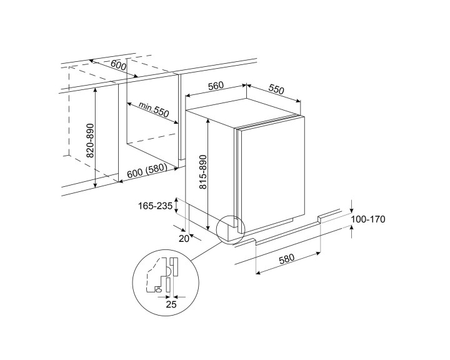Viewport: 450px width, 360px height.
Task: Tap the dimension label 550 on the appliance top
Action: (x=276, y=89)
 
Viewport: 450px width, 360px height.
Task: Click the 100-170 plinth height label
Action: (x=369, y=219)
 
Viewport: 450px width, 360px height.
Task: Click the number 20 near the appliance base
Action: (x=184, y=237)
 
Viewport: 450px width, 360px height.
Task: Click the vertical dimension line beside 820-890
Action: (x=95, y=137)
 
